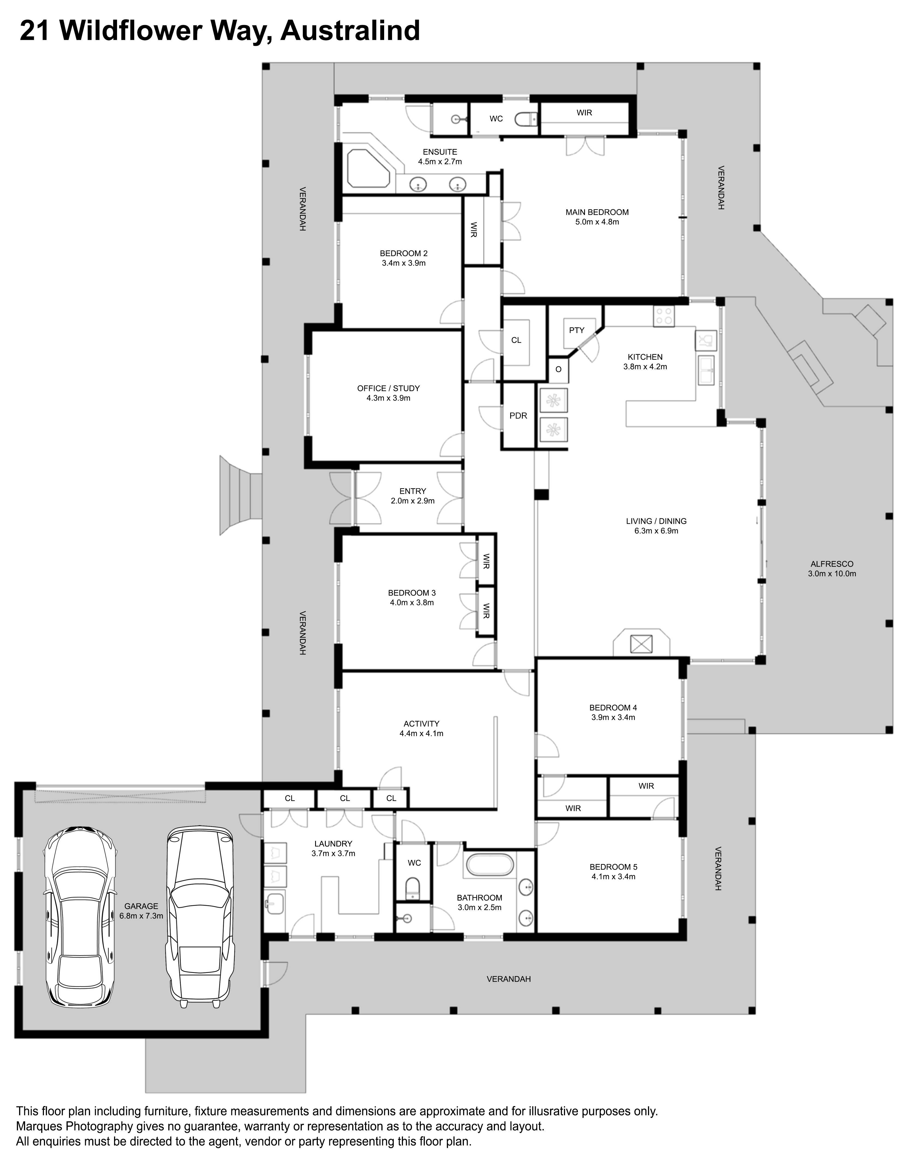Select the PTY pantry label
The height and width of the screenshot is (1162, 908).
(x=577, y=331)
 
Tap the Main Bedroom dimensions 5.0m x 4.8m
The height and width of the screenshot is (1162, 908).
(x=597, y=222)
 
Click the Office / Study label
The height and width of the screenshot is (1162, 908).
(x=389, y=388)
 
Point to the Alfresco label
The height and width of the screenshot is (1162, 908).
(x=832, y=564)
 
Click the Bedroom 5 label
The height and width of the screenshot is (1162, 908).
(x=613, y=867)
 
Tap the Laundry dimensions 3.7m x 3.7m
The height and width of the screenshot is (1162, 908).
(x=333, y=853)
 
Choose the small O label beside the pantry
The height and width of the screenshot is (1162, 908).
(x=558, y=369)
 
